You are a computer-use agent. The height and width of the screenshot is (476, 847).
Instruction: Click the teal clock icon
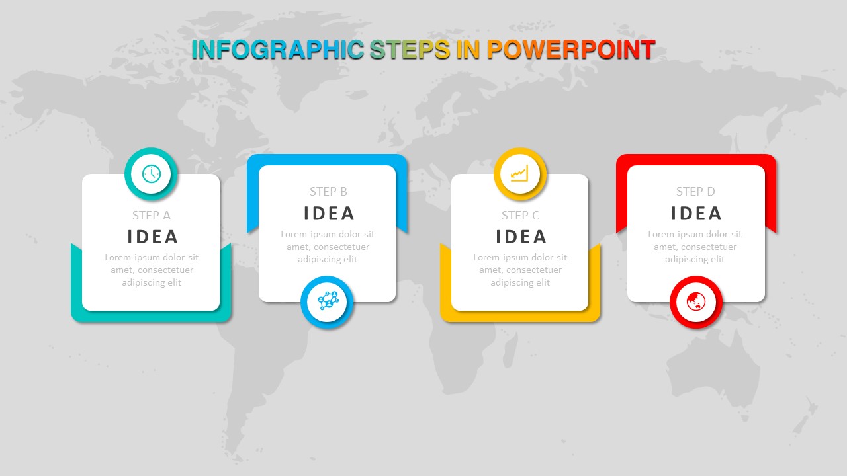(152, 174)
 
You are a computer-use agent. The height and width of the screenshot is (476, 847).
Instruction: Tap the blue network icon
(328, 301)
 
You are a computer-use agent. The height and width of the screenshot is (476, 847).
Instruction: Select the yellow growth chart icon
(520, 173)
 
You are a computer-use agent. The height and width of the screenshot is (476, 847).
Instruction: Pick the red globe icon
(695, 301)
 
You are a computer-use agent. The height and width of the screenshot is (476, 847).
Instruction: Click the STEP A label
(152, 216)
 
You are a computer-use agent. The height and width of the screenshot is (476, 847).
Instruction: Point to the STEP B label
(328, 192)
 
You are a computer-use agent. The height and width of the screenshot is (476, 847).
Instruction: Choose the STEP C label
(520, 216)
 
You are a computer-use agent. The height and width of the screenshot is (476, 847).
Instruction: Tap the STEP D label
(695, 192)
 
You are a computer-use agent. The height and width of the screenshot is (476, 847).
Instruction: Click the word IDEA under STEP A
(152, 237)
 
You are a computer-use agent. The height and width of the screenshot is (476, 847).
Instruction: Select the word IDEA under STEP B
(329, 214)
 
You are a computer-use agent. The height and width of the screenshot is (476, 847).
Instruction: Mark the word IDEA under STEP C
(521, 237)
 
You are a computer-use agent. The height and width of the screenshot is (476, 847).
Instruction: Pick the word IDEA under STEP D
(697, 214)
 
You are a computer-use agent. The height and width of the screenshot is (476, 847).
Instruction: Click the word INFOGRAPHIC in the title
(278, 50)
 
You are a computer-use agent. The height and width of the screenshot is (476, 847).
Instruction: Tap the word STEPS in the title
(410, 50)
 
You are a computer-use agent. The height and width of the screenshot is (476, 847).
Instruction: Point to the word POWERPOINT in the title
(571, 50)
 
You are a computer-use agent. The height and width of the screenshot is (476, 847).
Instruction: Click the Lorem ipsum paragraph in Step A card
(152, 270)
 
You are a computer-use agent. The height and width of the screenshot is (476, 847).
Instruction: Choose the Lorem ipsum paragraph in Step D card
(695, 247)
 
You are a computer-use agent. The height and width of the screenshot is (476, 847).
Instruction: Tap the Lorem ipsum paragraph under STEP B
(328, 247)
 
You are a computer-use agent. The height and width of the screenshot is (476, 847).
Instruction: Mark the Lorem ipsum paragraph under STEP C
(520, 270)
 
